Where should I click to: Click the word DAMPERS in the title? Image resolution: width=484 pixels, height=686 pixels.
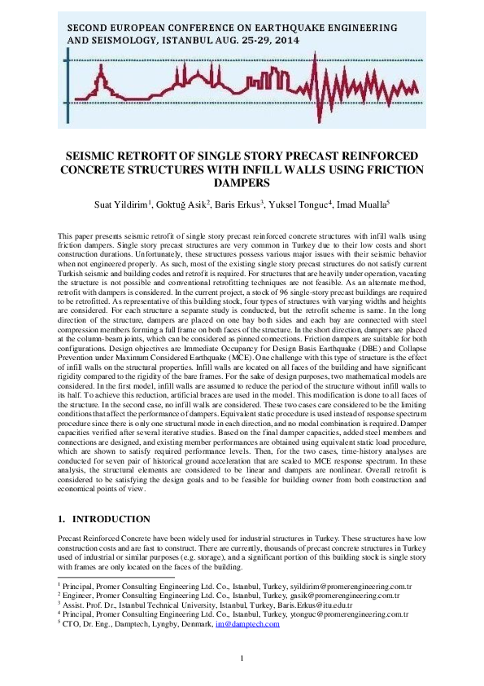point(242,183)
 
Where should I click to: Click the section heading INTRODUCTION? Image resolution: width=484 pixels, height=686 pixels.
point(111,519)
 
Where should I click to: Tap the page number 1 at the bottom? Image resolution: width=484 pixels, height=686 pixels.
point(242,658)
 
